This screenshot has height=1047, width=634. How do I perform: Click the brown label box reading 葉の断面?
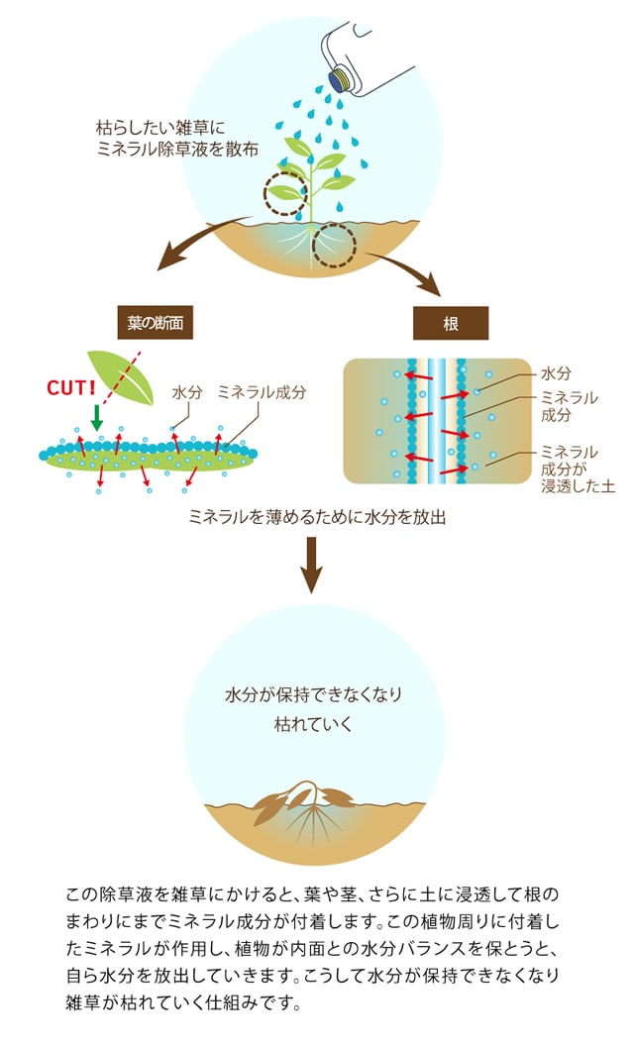click(155, 321)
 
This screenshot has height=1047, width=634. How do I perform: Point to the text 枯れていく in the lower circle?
click(313, 723)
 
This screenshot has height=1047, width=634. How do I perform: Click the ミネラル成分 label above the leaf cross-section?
click(262, 392)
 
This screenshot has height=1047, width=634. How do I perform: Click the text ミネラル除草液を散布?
click(173, 149)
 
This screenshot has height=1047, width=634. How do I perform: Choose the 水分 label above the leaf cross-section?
click(186, 392)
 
